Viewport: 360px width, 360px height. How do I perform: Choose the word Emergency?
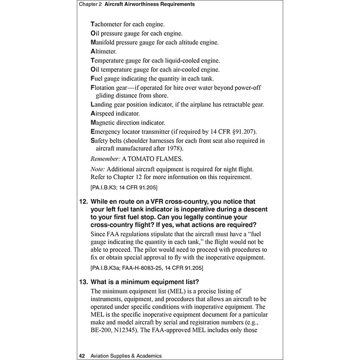[108, 131]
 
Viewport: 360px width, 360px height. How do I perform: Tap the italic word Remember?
[105, 159]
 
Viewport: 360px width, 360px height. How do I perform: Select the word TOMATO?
[146, 159]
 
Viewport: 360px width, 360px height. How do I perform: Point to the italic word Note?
[99, 169]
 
